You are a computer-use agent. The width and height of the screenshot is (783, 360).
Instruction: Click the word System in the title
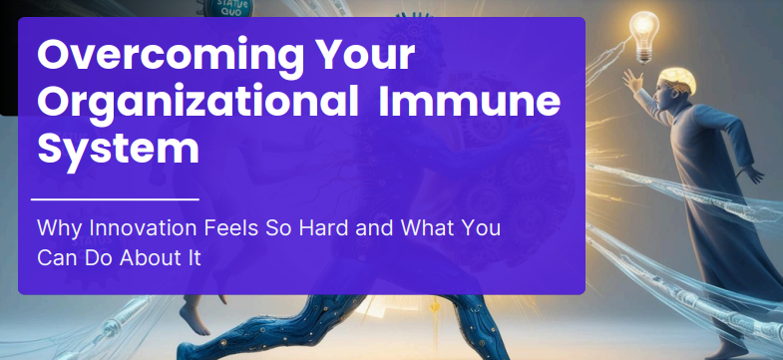(118, 149)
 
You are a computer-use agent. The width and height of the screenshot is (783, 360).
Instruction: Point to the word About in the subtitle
(153, 257)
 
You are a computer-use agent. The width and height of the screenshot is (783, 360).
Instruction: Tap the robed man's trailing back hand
(754, 176)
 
